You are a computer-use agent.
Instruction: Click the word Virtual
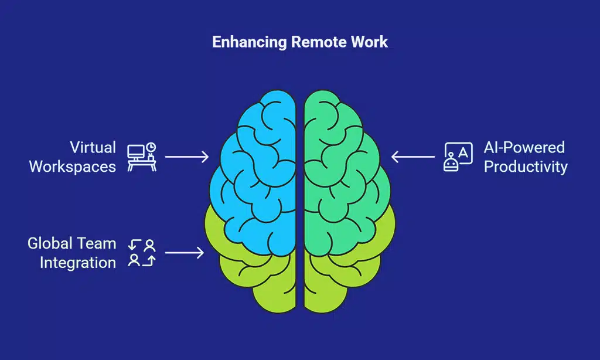point(93,147)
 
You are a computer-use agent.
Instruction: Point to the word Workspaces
point(72,166)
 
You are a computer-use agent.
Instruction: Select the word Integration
point(77,262)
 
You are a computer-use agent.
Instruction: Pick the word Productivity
point(526,166)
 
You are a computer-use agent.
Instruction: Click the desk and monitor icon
point(141,156)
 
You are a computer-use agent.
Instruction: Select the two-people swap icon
point(141,253)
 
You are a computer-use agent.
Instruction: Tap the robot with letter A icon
point(458,157)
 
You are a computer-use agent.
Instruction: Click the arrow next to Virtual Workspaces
point(186,157)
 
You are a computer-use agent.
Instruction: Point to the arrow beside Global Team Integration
point(184,253)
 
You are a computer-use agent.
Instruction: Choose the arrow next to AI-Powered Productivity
point(413,157)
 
